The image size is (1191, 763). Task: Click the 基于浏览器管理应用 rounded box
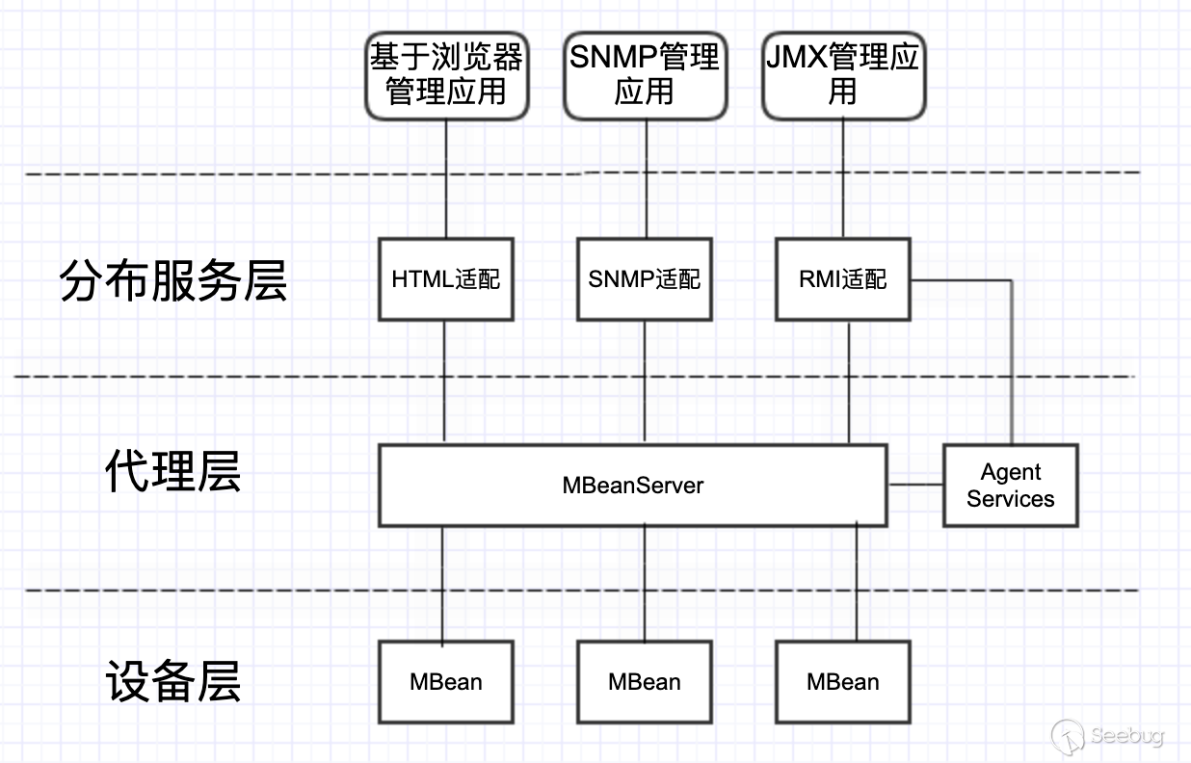(x=446, y=75)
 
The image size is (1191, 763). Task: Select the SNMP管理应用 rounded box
(x=644, y=75)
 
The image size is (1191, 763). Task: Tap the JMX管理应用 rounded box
(x=843, y=75)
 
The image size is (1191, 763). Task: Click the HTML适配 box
(x=446, y=279)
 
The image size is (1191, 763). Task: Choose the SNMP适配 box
(x=644, y=279)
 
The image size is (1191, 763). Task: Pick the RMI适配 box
(x=843, y=279)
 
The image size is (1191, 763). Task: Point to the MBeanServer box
(x=632, y=485)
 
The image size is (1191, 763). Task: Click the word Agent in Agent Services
(x=1011, y=472)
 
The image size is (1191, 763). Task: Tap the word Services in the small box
(x=1011, y=499)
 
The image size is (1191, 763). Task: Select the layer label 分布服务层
(x=173, y=281)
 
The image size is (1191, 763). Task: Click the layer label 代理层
(x=173, y=472)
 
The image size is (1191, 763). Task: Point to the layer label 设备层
(x=173, y=680)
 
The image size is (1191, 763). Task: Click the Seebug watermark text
(x=1127, y=736)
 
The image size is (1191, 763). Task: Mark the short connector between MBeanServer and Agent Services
(x=914, y=485)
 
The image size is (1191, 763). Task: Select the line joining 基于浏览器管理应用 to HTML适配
(x=446, y=178)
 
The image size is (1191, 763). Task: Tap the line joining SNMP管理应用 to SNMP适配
(x=645, y=178)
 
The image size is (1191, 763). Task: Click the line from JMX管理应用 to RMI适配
(x=843, y=178)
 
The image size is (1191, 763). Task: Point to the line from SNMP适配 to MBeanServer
(x=645, y=381)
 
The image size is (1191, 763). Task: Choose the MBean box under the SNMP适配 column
(x=645, y=682)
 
